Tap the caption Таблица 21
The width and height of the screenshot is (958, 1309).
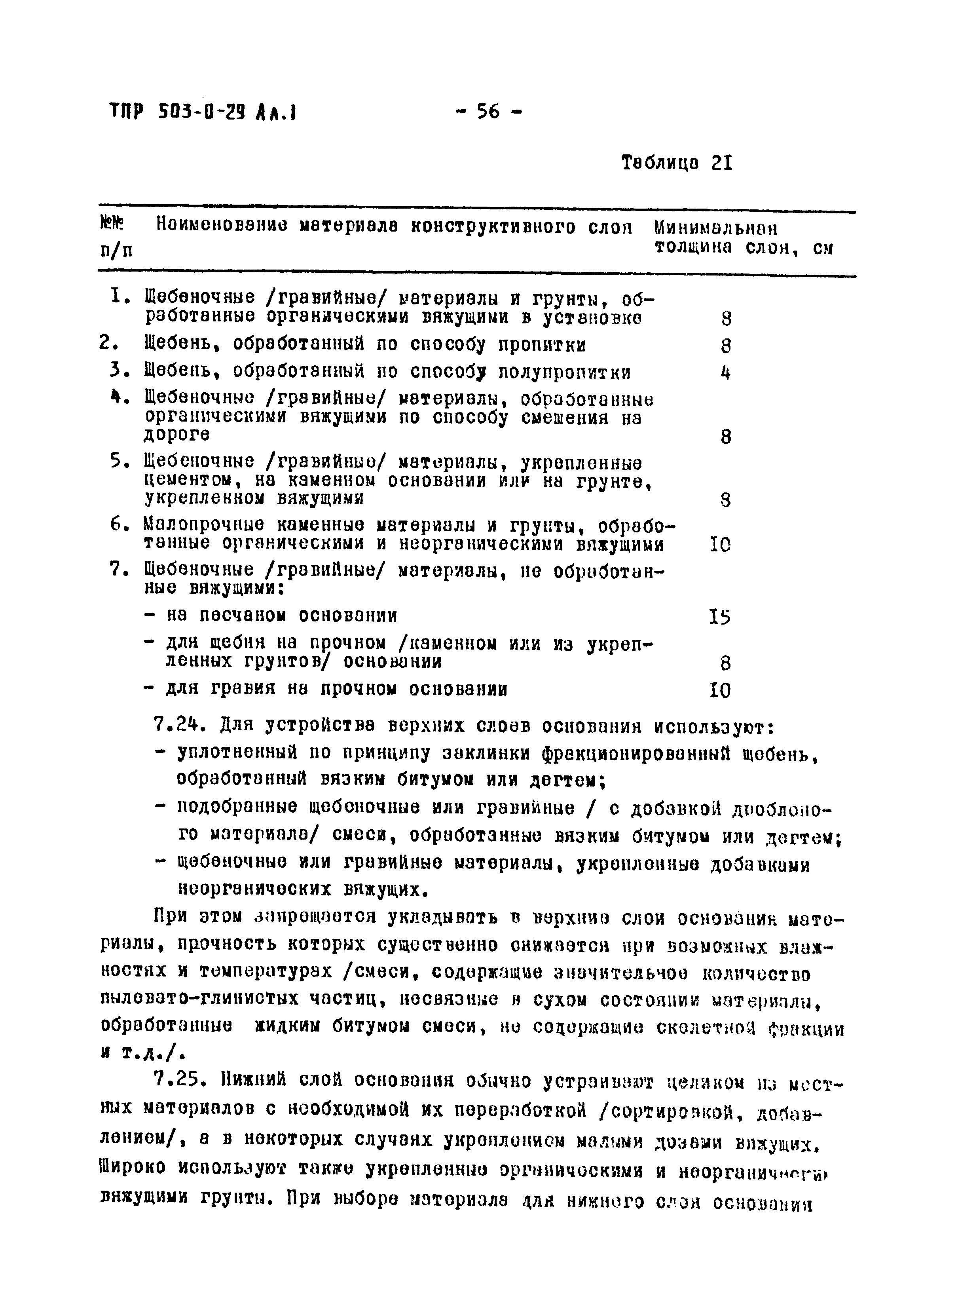click(x=677, y=163)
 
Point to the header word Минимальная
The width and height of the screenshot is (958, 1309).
click(x=715, y=227)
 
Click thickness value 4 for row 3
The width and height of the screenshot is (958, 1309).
click(x=725, y=372)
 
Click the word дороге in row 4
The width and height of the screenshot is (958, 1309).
click(x=177, y=434)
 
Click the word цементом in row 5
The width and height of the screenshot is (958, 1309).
click(x=184, y=481)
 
